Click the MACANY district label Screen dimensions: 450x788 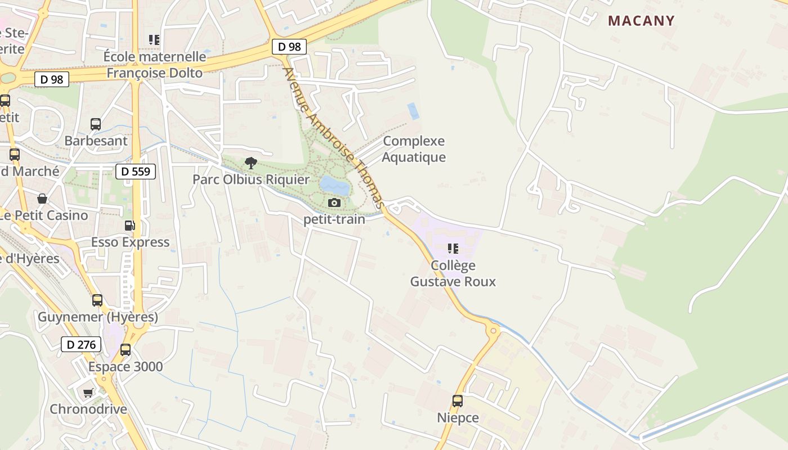641,21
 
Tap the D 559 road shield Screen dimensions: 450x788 136,171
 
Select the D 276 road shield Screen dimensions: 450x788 81,344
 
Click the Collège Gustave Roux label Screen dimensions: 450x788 453,273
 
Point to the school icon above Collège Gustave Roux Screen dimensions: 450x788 453,248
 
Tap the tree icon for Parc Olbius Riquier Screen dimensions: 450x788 251,163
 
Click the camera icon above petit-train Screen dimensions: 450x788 334,202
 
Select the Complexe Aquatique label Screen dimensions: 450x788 414,149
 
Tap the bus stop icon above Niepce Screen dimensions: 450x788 458,401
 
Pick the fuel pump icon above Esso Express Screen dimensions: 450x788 130,226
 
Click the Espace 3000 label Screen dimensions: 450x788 126,367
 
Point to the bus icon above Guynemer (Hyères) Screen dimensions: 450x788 97,300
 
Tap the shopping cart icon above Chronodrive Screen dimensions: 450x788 88,393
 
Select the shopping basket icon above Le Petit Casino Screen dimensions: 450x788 42,198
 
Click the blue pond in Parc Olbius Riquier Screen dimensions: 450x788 334,184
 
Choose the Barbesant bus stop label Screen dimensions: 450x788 96,141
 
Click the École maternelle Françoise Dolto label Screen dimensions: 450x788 155,65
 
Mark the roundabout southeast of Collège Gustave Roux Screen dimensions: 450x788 494,330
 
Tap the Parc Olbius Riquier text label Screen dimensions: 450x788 251,179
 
